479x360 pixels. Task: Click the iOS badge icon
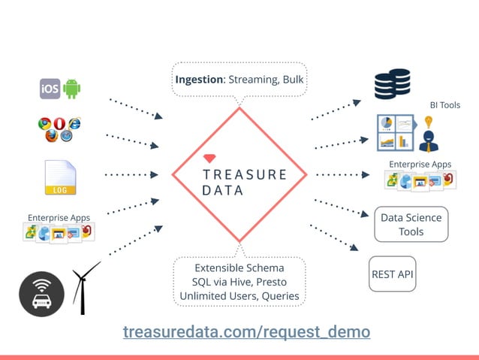tap(50, 89)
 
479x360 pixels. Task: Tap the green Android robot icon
tap(72, 89)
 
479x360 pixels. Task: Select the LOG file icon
tap(60, 178)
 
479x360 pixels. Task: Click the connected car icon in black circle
tap(41, 294)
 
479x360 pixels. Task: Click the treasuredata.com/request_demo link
tap(246, 331)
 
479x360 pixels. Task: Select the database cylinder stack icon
tap(392, 84)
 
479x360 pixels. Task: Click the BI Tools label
tap(444, 105)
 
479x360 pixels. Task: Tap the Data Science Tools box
tap(411, 224)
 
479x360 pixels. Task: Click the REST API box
tap(393, 274)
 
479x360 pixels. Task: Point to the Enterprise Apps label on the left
tap(59, 218)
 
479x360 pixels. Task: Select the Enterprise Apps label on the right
tap(420, 164)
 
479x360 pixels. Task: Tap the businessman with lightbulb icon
tap(429, 132)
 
